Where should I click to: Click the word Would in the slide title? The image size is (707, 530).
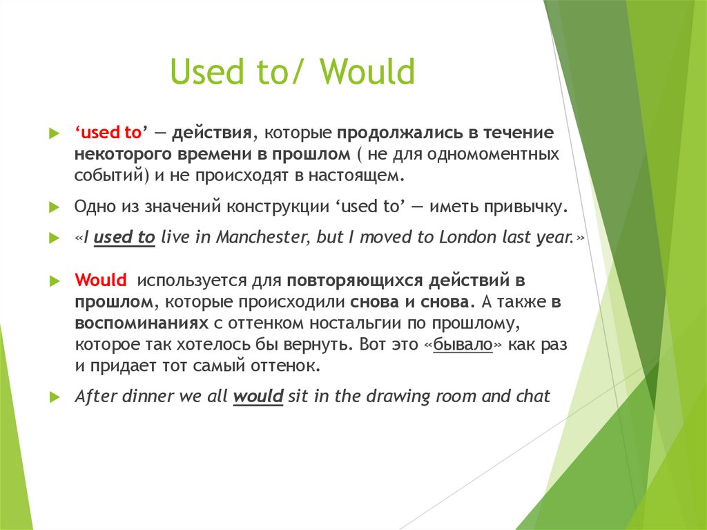(367, 73)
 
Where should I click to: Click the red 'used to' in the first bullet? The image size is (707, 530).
(108, 133)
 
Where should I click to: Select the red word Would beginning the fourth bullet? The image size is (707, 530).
(101, 281)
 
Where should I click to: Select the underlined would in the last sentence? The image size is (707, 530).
(259, 397)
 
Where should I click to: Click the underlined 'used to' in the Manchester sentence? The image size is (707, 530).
(124, 238)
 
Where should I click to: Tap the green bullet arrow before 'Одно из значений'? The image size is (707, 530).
(55, 207)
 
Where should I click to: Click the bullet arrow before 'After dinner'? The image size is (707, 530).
(55, 397)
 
